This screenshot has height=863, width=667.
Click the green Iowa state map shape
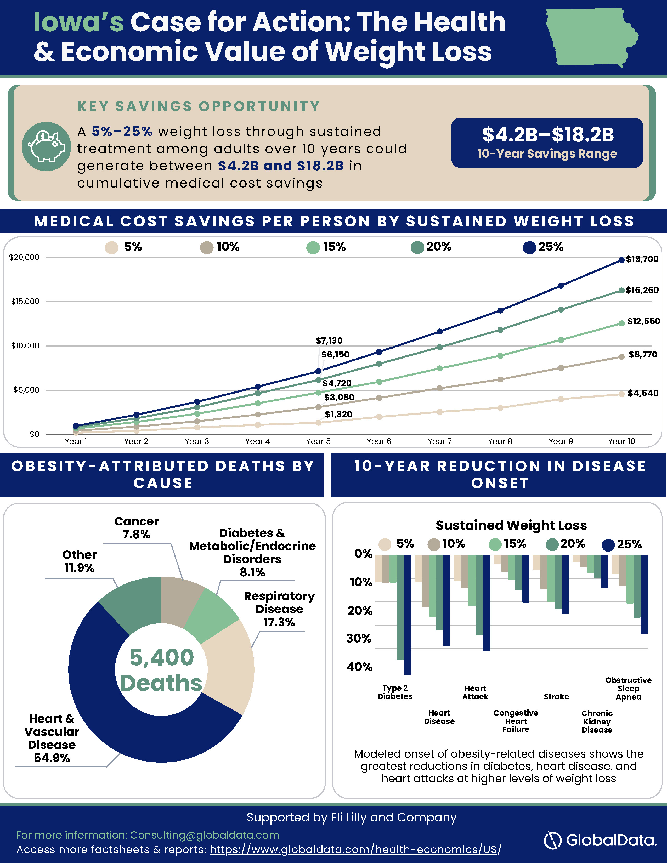point(591,38)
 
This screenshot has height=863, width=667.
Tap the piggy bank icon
point(47,147)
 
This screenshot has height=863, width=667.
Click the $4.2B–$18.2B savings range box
point(547,143)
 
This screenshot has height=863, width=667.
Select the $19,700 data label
point(642,259)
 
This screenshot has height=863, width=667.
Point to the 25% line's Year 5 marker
point(319,371)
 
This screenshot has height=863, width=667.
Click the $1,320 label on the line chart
point(339,414)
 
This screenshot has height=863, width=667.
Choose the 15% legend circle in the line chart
point(313,248)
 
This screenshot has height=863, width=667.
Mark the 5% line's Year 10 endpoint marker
point(621,394)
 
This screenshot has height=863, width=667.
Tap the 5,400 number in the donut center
point(162,657)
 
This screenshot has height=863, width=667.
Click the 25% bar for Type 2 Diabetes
point(407,615)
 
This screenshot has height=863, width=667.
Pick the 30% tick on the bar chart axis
point(359,639)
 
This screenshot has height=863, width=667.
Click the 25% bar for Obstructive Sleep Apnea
point(644,594)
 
